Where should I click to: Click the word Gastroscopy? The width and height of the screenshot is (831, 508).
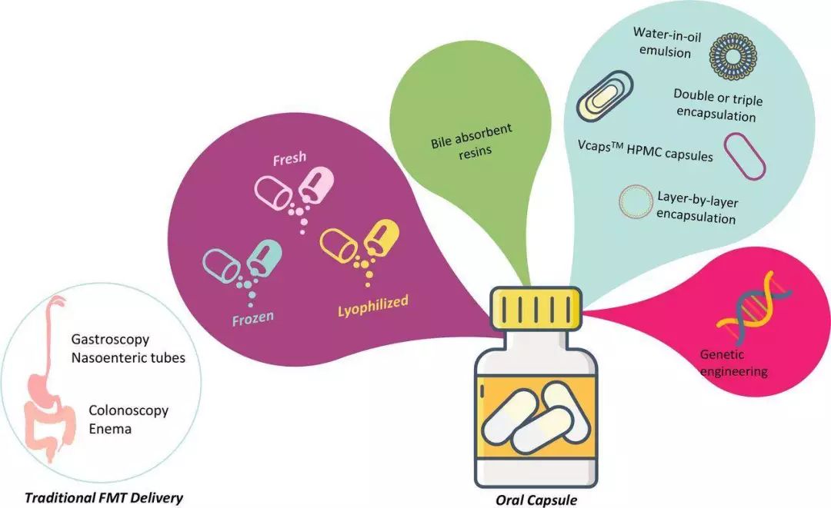pyautogui.click(x=111, y=338)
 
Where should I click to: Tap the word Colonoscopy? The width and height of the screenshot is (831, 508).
pyautogui.click(x=128, y=410)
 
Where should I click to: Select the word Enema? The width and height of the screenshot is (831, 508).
pyautogui.click(x=110, y=429)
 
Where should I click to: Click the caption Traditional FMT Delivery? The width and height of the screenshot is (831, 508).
pyautogui.click(x=104, y=498)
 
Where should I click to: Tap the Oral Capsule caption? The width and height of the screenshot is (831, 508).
pyautogui.click(x=537, y=500)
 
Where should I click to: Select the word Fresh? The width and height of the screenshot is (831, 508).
pyautogui.click(x=289, y=159)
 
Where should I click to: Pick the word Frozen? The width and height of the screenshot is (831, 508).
pyautogui.click(x=253, y=316)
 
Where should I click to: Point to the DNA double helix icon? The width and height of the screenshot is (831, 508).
pyautogui.click(x=743, y=315)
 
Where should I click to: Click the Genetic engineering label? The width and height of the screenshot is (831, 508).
pyautogui.click(x=733, y=364)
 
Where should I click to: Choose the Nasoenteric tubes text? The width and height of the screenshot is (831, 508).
pyautogui.click(x=128, y=357)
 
